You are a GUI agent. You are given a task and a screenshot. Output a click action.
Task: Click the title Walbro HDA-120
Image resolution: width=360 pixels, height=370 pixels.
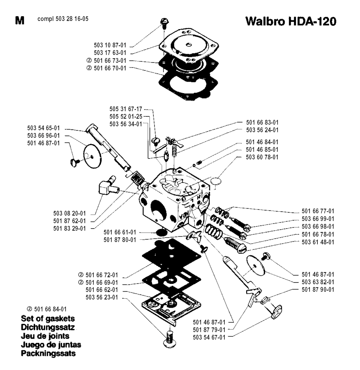(x=291, y=22)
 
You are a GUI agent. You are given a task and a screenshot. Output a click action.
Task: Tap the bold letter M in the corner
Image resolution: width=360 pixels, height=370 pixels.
(x=20, y=20)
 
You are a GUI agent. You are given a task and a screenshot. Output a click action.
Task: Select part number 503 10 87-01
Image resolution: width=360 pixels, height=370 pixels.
(x=109, y=45)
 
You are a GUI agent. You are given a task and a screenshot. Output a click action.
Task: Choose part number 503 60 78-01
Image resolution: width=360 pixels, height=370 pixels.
(x=262, y=157)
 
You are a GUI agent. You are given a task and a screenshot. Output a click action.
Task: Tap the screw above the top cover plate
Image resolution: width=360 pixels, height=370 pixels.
(x=164, y=23)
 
